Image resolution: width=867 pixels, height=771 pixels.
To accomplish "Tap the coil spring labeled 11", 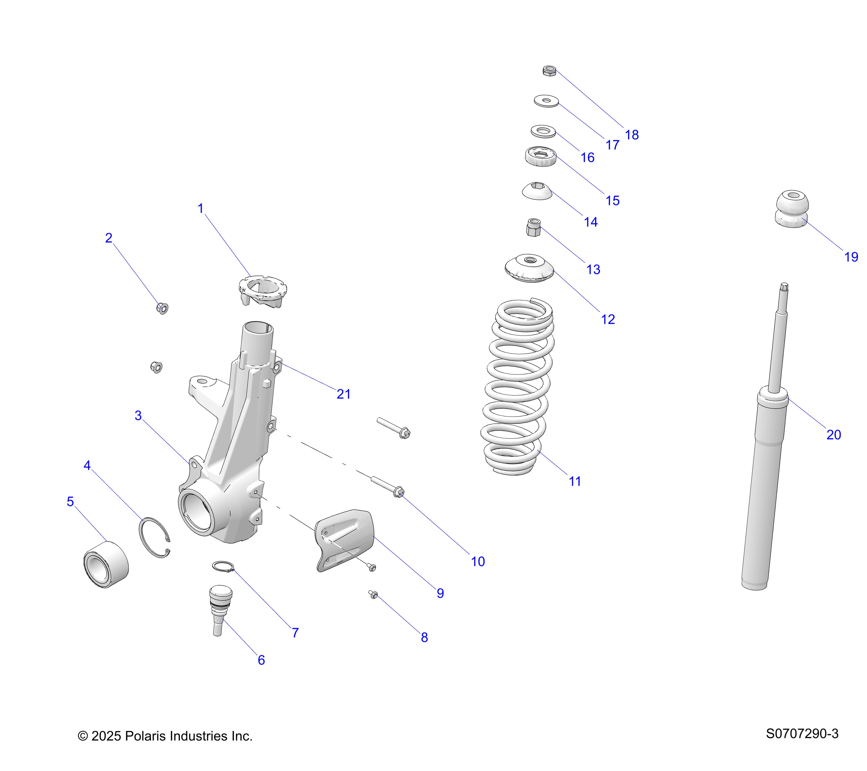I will (x=518, y=386).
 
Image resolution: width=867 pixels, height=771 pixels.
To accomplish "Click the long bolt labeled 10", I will (x=388, y=487).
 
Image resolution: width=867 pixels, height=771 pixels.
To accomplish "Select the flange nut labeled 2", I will (x=163, y=308).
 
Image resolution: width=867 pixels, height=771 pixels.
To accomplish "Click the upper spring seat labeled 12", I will (x=529, y=268).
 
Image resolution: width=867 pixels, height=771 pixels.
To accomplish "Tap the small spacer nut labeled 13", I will (x=533, y=227).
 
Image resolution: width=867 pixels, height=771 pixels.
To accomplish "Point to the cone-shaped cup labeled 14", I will (x=537, y=191).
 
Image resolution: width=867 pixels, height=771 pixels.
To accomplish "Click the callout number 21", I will (x=343, y=394).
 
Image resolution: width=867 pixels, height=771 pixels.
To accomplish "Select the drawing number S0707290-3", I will (x=802, y=734).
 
